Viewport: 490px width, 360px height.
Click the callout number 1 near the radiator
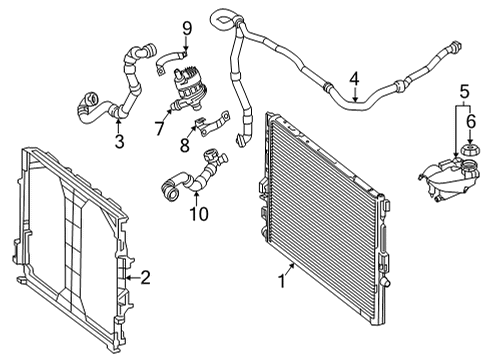[282, 281]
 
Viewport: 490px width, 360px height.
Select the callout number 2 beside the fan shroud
[145, 277]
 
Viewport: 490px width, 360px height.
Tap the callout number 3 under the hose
[119, 141]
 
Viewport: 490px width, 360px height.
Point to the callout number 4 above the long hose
[355, 79]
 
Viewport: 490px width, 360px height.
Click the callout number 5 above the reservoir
[465, 91]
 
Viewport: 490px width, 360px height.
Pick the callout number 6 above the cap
[471, 122]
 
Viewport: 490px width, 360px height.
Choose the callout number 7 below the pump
[159, 128]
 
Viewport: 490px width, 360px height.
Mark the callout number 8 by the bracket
[185, 145]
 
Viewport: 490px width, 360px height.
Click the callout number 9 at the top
[187, 29]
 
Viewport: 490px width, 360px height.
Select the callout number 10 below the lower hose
[199, 214]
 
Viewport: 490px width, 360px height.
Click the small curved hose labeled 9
[171, 60]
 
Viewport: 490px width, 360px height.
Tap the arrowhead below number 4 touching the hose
[356, 99]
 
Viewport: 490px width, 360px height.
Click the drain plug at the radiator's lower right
[386, 282]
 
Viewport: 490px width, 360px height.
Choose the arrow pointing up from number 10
[197, 198]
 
